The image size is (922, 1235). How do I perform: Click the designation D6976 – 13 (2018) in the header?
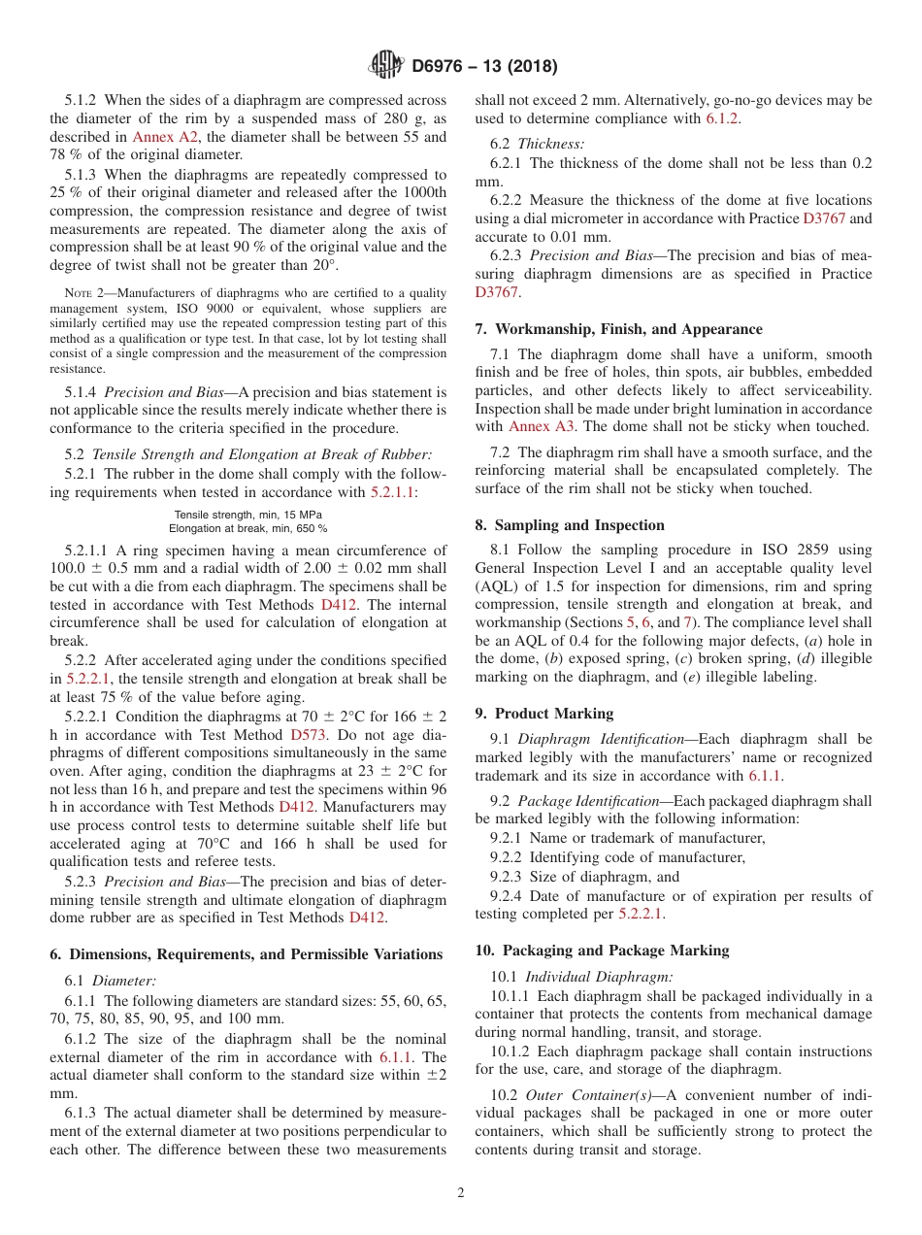point(484,67)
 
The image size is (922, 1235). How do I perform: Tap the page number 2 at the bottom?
point(461,1193)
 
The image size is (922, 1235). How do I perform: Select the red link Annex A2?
point(155,137)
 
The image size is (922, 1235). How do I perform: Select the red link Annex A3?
point(534,426)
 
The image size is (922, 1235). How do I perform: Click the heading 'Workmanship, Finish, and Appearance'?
point(628,329)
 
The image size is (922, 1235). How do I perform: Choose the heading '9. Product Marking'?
point(543,714)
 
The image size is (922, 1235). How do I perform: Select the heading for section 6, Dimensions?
point(247,954)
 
